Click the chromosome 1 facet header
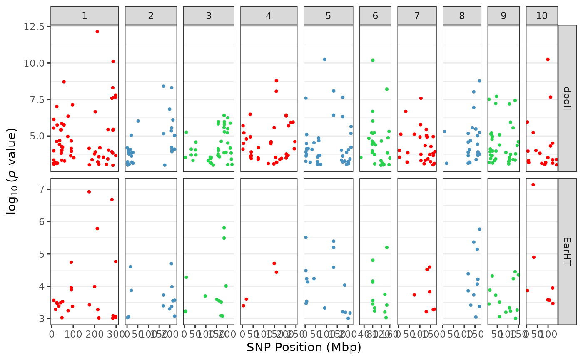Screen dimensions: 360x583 coord(85,16)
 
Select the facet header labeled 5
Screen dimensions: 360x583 coord(328,16)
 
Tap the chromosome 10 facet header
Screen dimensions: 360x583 coord(542,16)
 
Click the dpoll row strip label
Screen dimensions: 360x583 coord(567,98)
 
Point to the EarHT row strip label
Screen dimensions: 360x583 coord(567,251)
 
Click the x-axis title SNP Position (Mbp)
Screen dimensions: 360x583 coord(304,347)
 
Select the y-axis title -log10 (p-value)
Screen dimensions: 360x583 coord(12,175)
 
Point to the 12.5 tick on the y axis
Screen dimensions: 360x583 coord(35,27)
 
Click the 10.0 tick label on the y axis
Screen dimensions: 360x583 coord(35,63)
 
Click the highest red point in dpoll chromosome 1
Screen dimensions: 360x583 coord(97,32)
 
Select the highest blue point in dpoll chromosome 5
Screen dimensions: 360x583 coord(324,60)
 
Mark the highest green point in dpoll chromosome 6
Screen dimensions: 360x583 coord(373,60)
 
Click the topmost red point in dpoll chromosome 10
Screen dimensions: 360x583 coord(548,60)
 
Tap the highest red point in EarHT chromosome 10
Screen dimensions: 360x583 coord(533,185)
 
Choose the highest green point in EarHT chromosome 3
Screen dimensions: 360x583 coord(224,228)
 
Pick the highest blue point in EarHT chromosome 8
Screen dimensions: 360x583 coord(479,229)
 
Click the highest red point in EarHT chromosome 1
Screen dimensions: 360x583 coord(89,192)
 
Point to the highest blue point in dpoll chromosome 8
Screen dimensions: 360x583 coord(479,81)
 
